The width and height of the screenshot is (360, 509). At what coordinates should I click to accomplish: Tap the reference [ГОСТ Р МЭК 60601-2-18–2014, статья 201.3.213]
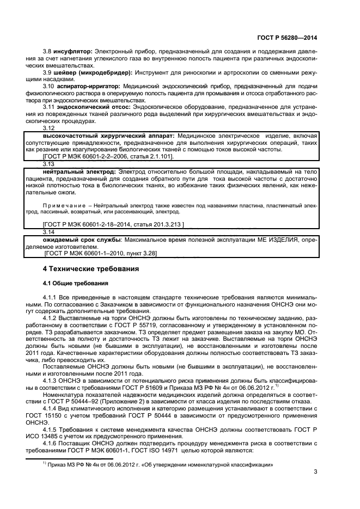point(113,224)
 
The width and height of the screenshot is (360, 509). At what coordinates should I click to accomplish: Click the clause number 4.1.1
point(50,298)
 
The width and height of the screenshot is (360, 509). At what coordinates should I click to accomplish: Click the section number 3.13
point(48,163)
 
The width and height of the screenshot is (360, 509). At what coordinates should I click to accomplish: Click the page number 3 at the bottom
point(315,464)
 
